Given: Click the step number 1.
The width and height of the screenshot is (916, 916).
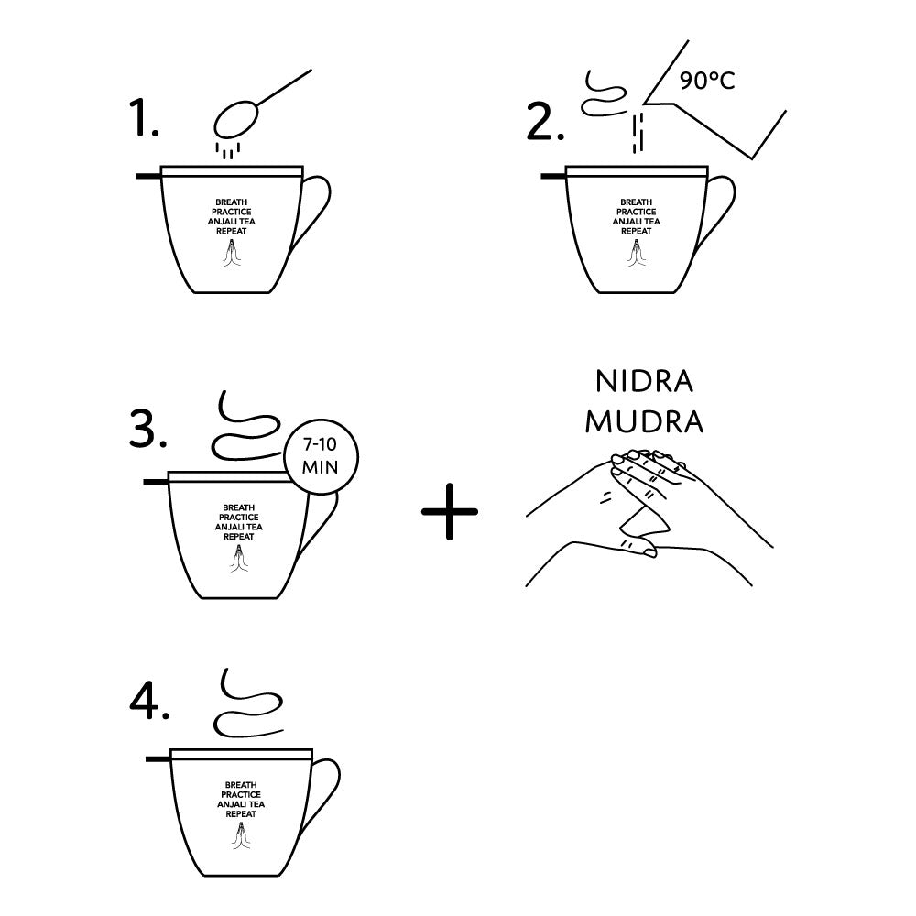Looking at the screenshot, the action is click(x=144, y=118).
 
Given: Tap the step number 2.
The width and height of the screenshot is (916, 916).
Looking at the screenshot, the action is click(x=545, y=122).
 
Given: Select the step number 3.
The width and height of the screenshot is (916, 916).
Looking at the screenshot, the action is click(x=147, y=429).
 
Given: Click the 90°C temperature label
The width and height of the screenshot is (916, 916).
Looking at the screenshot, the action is click(x=707, y=80).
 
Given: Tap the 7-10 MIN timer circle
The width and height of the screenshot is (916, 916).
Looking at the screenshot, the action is click(x=321, y=457).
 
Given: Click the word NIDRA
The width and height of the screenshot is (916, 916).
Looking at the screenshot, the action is click(x=644, y=381).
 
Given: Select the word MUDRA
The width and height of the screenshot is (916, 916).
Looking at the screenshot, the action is click(x=644, y=421).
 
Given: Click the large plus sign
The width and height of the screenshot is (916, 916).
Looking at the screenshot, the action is click(x=450, y=511).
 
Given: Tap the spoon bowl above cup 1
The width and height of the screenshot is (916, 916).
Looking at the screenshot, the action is click(x=235, y=120).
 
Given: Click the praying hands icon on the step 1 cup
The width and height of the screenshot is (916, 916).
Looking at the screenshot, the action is click(x=232, y=253).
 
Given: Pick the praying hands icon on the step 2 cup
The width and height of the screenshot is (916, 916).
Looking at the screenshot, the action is click(x=637, y=253).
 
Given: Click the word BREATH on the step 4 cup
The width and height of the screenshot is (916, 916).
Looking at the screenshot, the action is click(x=241, y=785).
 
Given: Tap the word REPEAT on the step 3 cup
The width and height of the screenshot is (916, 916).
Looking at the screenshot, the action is click(x=239, y=536).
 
